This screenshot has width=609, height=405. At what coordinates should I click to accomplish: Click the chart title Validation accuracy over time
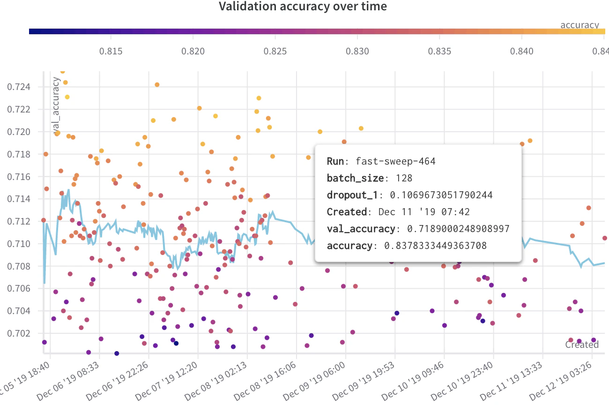(303, 7)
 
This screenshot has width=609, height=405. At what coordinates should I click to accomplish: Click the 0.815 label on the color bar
(111, 51)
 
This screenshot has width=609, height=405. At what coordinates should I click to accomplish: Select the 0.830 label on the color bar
(357, 51)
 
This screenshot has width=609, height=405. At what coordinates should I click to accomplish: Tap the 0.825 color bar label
(275, 51)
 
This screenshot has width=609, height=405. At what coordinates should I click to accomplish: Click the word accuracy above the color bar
(579, 25)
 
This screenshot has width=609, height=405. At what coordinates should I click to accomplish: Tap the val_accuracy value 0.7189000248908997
(458, 229)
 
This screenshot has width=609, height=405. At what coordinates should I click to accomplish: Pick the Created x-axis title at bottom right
(582, 345)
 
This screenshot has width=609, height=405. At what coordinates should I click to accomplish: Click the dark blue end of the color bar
(32, 31)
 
